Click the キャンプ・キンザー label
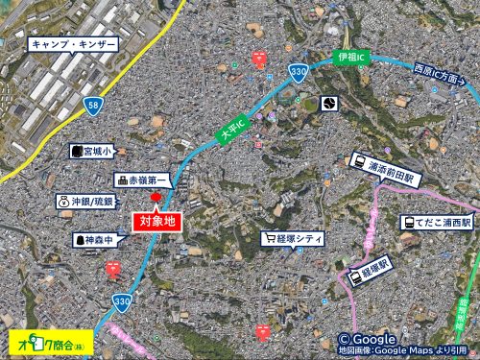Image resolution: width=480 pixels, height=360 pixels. click(x=74, y=44)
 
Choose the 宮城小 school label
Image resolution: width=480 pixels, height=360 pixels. click(x=92, y=152)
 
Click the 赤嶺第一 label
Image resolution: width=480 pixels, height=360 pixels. click(x=143, y=180)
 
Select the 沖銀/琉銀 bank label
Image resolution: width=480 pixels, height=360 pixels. click(x=85, y=202)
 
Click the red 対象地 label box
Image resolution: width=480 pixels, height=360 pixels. click(x=156, y=221)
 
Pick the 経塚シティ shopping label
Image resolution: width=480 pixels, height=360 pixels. click(x=296, y=238)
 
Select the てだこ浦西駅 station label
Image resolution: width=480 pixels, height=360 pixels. click(x=438, y=222)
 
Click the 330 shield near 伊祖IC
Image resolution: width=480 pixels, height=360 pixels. click(x=299, y=73)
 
